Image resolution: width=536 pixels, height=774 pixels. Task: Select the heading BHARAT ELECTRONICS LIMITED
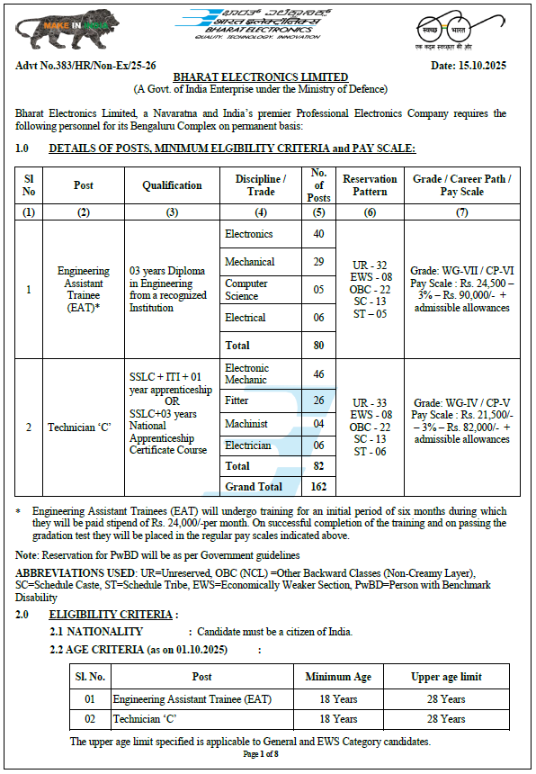(x=261, y=78)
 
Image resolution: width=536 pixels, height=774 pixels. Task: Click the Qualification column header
(x=172, y=185)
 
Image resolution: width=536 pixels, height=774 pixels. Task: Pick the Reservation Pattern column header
(x=370, y=185)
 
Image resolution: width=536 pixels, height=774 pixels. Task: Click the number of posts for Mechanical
(x=318, y=262)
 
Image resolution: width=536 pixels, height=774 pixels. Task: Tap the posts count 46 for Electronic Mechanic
(x=318, y=373)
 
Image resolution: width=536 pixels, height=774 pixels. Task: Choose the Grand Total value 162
(x=318, y=487)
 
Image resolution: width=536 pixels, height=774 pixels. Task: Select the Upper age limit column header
(x=446, y=677)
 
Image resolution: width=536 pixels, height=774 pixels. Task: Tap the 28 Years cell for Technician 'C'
(x=446, y=719)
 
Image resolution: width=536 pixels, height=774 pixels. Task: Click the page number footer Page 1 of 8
(x=261, y=753)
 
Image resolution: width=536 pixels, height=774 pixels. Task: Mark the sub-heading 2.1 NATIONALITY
(x=96, y=632)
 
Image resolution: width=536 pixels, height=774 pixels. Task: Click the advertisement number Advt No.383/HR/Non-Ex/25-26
(x=85, y=66)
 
